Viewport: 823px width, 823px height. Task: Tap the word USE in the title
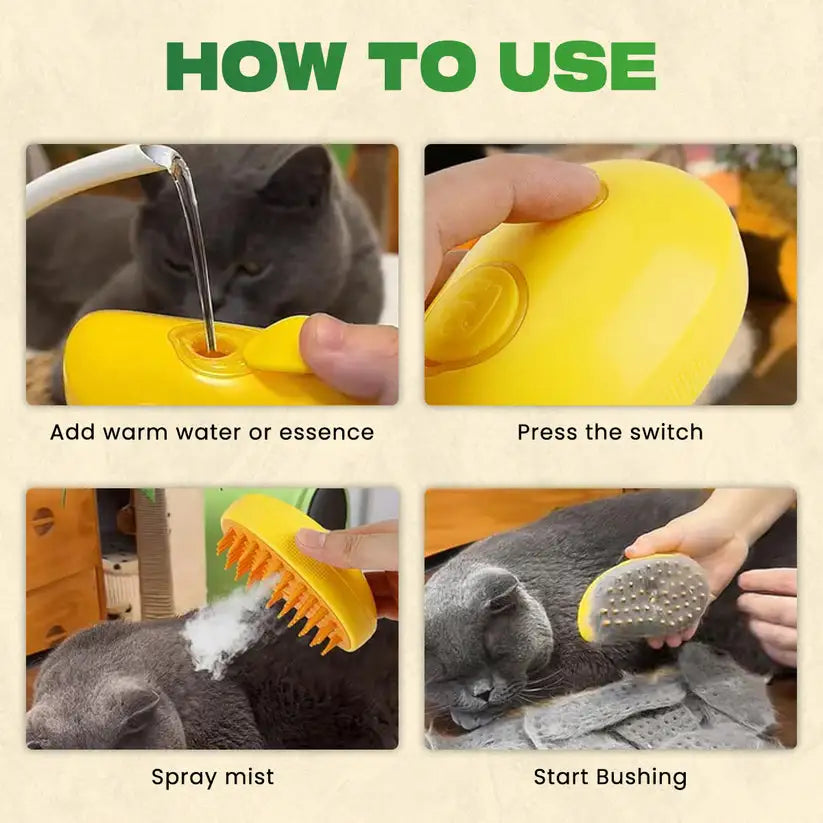578,66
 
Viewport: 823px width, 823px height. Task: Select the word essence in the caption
326,432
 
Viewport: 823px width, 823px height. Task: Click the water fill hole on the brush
212,349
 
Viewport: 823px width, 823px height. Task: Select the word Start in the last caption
560,777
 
